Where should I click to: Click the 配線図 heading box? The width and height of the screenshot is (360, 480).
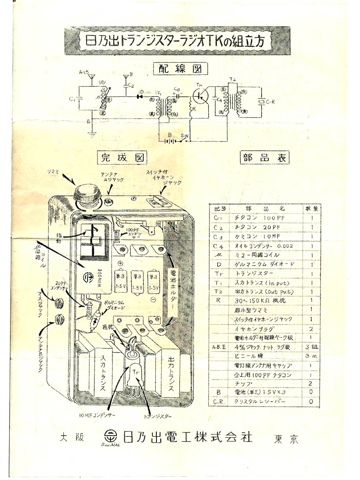point(181,68)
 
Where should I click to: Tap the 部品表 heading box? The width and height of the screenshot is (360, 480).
point(264,157)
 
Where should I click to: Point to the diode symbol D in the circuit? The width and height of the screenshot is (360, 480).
point(140,96)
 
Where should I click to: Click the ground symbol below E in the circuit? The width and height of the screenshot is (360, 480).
point(92,134)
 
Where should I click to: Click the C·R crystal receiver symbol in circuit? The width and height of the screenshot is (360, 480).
point(262,102)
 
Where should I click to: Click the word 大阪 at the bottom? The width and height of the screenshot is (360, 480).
point(72,437)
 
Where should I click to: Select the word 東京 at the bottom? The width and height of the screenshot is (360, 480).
point(286,439)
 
